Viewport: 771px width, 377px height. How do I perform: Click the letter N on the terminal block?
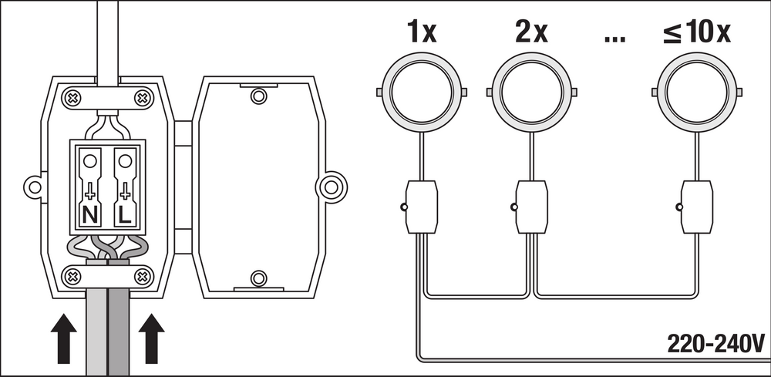click(x=90, y=215)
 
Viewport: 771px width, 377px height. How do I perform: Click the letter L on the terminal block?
click(x=126, y=215)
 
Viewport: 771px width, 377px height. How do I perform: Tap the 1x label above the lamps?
click(x=422, y=33)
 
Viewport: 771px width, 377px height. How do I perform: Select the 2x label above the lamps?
click(x=531, y=33)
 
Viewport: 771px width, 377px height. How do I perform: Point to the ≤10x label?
click(x=697, y=33)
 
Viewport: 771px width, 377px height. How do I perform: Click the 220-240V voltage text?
click(x=715, y=344)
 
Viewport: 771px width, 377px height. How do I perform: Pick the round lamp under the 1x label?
click(x=422, y=93)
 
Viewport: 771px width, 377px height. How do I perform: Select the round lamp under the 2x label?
click(x=532, y=93)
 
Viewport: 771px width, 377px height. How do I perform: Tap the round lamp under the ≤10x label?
click(x=697, y=93)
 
